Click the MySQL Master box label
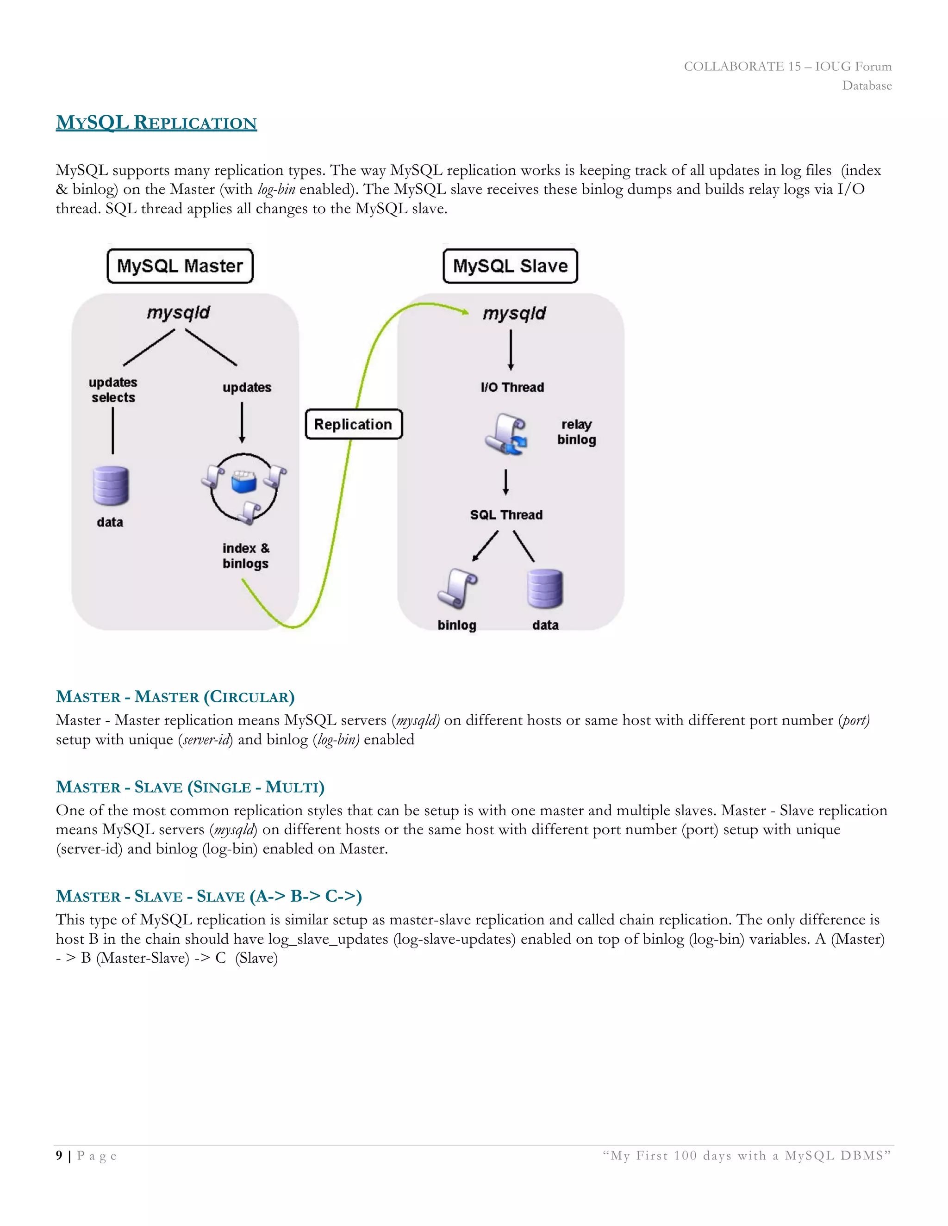pos(180,266)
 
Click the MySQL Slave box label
pos(510,266)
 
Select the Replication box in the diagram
pos(353,424)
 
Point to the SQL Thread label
pos(506,515)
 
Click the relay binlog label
pos(576,432)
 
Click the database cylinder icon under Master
pos(111,486)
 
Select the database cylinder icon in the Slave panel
pos(545,588)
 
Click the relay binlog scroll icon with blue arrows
pos(506,434)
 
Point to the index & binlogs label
pos(245,556)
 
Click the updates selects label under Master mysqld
pos(113,390)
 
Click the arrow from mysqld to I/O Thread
pos(511,349)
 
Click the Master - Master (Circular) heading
pos(175,697)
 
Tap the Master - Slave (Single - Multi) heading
pos(190,786)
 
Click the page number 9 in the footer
pos(59,1155)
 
